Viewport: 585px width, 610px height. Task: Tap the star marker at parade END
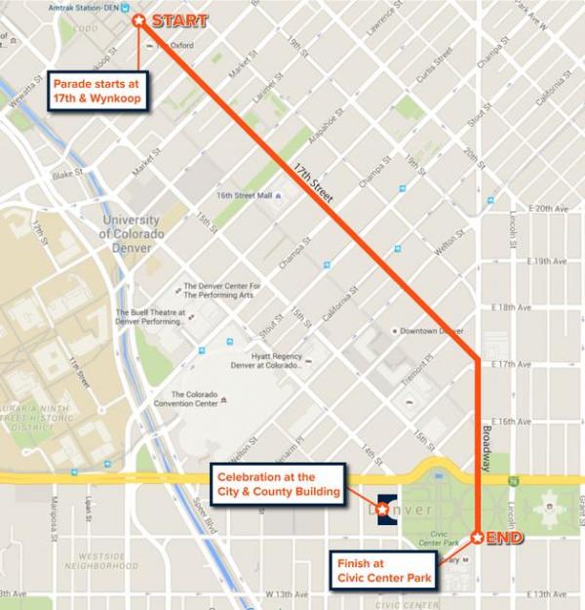click(x=477, y=537)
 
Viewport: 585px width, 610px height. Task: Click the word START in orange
click(x=182, y=20)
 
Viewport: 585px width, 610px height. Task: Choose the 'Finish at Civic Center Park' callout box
click(x=383, y=571)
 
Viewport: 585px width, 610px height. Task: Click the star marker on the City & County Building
click(x=381, y=509)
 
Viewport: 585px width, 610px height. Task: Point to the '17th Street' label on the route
click(x=312, y=185)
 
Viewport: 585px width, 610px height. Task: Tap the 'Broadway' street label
click(x=488, y=449)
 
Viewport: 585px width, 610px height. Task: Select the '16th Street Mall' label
click(x=243, y=195)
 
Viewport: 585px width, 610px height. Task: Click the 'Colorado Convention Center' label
click(x=187, y=400)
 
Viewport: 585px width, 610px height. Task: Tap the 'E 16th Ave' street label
click(x=547, y=422)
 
